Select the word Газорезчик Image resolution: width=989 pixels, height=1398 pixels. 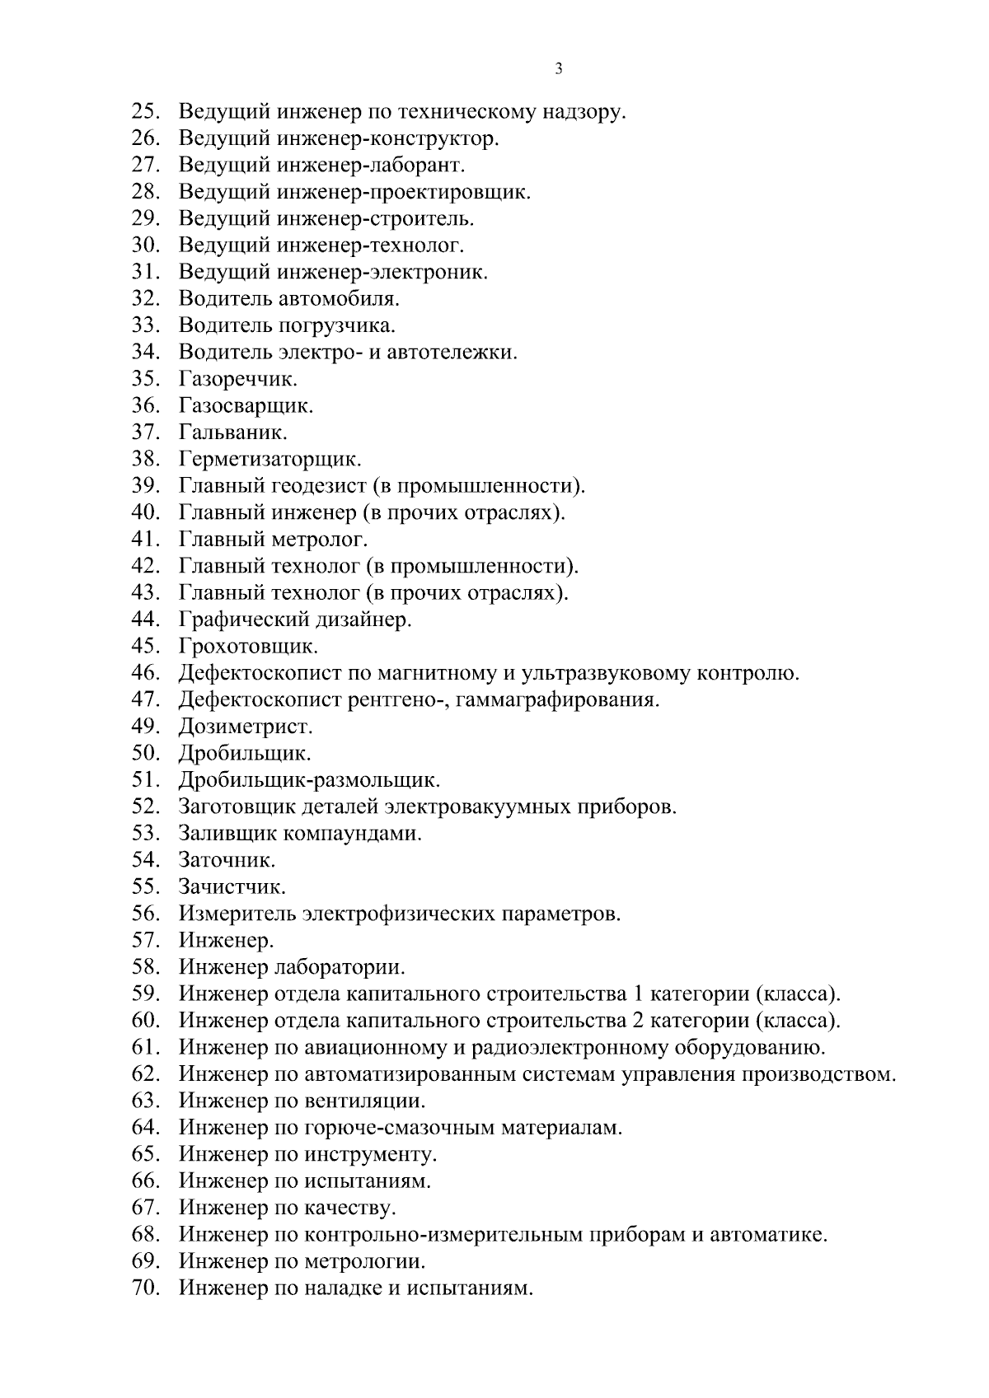point(237,379)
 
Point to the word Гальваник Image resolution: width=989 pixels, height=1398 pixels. point(232,432)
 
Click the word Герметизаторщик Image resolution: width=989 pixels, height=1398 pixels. point(270,459)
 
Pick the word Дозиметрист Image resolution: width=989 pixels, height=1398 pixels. point(246,727)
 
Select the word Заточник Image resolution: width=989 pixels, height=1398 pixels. point(227,861)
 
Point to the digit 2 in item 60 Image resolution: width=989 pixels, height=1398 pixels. point(636,1021)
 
